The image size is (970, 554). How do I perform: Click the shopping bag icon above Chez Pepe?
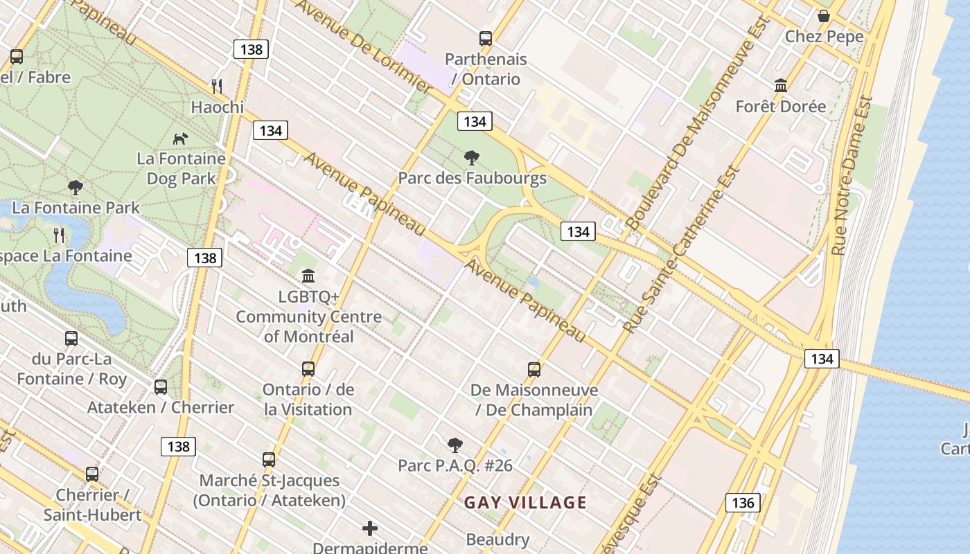824,16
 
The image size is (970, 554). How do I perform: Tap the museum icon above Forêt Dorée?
781,86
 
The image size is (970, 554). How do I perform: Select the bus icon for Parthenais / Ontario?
486,39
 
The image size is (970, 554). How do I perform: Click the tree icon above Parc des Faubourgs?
472,158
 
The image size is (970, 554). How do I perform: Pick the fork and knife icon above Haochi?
217,87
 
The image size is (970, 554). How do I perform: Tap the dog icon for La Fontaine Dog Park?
180,138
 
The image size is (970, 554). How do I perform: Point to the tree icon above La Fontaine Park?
76,187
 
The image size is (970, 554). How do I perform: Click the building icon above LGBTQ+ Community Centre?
308,276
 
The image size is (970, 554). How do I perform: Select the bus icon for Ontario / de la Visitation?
308,369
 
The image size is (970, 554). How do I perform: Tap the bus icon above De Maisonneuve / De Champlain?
533,369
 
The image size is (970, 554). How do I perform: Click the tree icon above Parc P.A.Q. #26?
455,445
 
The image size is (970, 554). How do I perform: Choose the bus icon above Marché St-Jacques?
269,459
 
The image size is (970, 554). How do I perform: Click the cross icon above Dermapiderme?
370,529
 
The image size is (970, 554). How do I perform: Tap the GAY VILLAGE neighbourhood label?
525,503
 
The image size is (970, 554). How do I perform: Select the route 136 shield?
743,503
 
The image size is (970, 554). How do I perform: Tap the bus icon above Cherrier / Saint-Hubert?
92,474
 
